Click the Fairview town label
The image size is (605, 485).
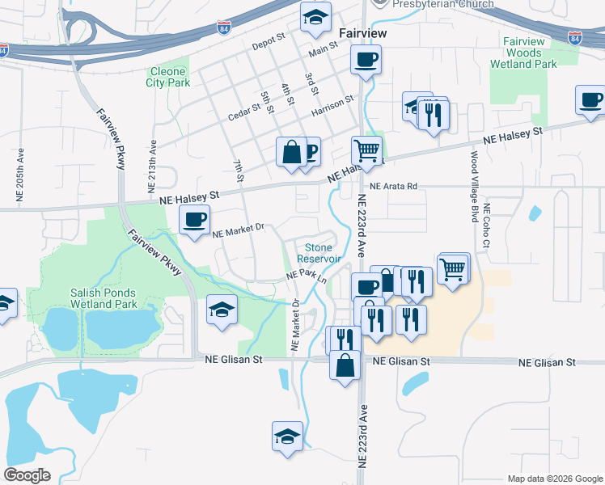(362, 33)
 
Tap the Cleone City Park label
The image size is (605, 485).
(168, 77)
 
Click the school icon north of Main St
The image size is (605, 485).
(315, 17)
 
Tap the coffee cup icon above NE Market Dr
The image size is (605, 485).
(195, 220)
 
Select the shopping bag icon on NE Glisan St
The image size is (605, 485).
(345, 364)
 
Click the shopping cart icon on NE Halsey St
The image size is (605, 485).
(367, 150)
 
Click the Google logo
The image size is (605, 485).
(27, 475)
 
